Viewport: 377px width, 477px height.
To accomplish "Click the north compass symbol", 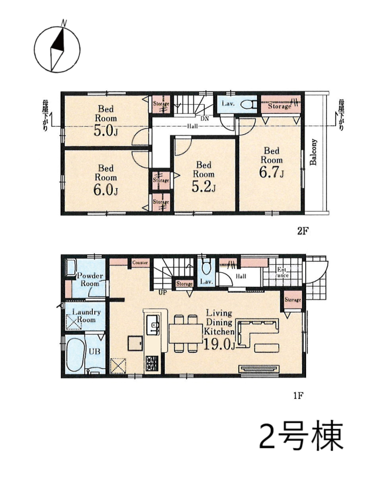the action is point(57,49).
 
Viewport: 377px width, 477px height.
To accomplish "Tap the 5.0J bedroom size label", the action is point(106,131).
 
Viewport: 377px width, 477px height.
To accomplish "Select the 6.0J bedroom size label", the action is point(106,190).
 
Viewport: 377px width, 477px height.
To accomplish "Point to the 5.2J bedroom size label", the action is point(203,187).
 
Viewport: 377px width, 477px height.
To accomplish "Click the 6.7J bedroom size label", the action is point(271,172).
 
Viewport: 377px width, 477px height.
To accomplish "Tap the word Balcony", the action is point(313,152).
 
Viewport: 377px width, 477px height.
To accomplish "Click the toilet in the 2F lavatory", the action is point(248,105).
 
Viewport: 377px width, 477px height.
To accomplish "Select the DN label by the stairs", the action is point(205,119).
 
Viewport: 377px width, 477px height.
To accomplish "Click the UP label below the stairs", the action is point(163,293).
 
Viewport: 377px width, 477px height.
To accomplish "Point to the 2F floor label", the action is point(303,232).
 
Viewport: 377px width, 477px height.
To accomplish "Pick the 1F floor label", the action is point(298,396).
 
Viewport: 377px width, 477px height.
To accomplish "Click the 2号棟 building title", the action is point(302,435).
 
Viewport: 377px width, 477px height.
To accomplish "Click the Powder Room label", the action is point(90,280).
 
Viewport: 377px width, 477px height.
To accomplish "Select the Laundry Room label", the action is point(86,316).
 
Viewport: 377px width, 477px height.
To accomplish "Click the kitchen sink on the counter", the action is point(153,324).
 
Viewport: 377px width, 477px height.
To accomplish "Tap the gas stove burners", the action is point(152,363).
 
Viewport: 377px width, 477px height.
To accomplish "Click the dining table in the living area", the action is point(186,333).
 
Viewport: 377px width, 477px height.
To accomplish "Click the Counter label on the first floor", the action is point(140,262).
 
